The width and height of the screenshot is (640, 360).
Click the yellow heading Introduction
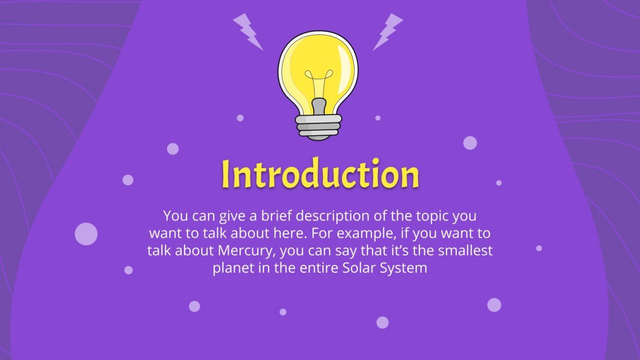click(x=320, y=175)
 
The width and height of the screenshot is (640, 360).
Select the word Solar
click(x=359, y=268)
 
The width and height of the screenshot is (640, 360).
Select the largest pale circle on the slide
click(x=86, y=234)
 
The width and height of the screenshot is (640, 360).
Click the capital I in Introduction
click(x=226, y=175)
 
